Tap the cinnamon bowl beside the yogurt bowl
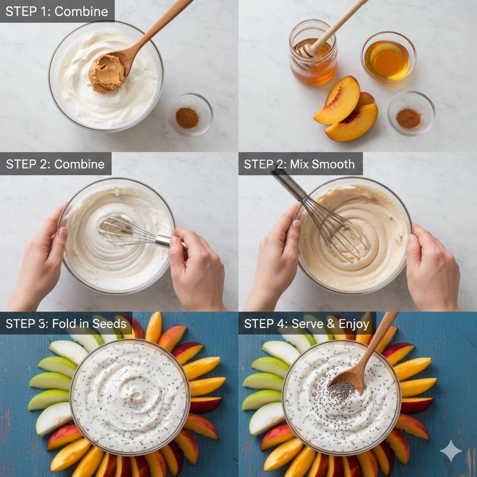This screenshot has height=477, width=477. click(x=191, y=114)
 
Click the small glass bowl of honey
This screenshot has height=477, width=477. click(x=388, y=56)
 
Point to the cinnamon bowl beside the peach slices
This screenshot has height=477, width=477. click(x=411, y=113)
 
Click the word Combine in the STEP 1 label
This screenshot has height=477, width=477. click(x=81, y=12)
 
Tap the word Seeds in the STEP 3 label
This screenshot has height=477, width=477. click(x=109, y=323)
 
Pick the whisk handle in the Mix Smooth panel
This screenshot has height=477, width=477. click(x=287, y=183)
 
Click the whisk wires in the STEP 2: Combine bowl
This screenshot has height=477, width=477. click(x=128, y=231)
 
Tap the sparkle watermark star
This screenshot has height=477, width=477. click(x=450, y=450)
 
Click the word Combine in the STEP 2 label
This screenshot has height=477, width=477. click(x=79, y=164)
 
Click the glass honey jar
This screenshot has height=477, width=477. click(x=313, y=52)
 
